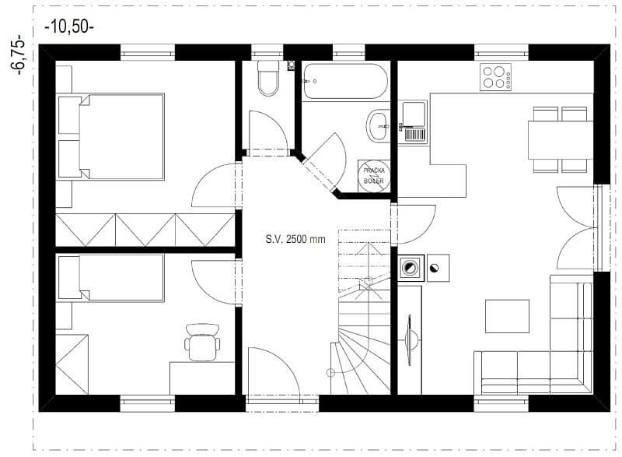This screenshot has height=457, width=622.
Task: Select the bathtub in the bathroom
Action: pyautogui.click(x=344, y=81)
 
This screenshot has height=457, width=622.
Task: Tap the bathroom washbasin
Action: pyautogui.click(x=379, y=124)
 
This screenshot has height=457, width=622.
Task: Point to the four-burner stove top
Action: pyautogui.click(x=495, y=76)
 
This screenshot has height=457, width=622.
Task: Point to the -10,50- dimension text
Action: pyautogui.click(x=70, y=26)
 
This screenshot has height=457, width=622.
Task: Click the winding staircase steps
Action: pyautogui.click(x=364, y=343)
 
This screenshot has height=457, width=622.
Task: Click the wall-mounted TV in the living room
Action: pyautogui.click(x=409, y=339)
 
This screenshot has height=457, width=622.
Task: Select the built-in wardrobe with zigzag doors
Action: pyautogui.click(x=145, y=230)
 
